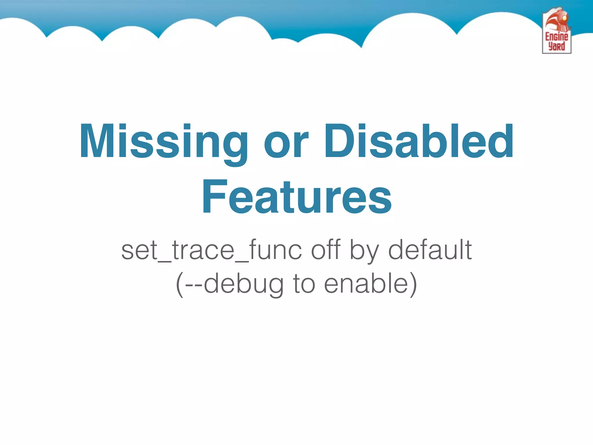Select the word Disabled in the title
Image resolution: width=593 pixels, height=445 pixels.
coord(419,141)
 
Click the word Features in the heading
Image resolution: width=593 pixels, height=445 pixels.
coord(296,197)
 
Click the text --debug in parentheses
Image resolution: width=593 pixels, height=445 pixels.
coord(234,284)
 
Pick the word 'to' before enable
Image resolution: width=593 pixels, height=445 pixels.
coord(304,284)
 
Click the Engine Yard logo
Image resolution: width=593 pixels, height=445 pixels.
coord(557,31)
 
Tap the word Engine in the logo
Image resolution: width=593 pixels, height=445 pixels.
coord(557,37)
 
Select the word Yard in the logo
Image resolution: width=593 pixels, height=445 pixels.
coord(557,46)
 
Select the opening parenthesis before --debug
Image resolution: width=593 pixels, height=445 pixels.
coord(180,284)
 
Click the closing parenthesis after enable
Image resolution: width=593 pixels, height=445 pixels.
coord(413,284)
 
